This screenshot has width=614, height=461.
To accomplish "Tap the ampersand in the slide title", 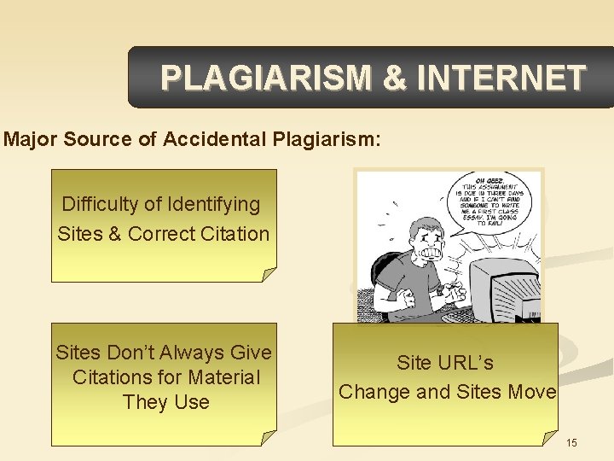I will (x=395, y=79).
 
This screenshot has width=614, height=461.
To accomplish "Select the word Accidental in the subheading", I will (x=209, y=140).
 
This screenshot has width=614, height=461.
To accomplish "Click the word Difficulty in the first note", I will (x=101, y=205).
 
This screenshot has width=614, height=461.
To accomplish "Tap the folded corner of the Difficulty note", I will (x=268, y=274).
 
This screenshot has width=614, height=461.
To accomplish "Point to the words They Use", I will (x=165, y=402).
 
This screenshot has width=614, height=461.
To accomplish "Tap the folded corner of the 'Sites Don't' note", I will (x=268, y=437).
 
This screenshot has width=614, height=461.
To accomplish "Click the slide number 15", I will (x=571, y=442).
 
